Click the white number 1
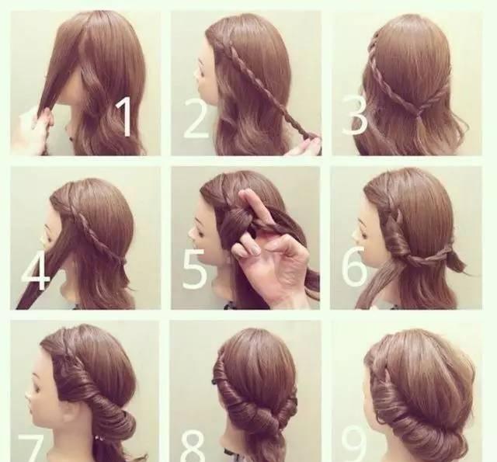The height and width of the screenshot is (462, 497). [125, 116]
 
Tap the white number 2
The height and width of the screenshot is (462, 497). [196, 118]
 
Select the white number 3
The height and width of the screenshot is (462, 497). [355, 116]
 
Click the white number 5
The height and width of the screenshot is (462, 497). [195, 269]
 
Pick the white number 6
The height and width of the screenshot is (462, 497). [354, 266]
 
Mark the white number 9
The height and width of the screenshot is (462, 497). [354, 443]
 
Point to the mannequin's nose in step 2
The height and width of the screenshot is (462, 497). [197, 74]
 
